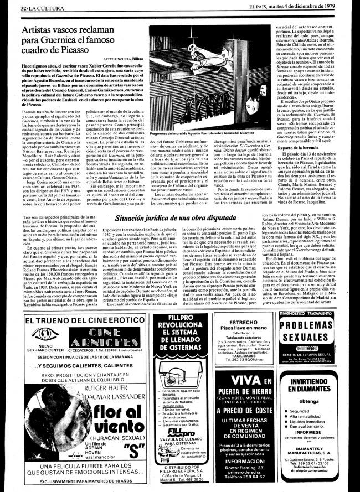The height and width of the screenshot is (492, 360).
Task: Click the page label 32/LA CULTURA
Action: point(25,6)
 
